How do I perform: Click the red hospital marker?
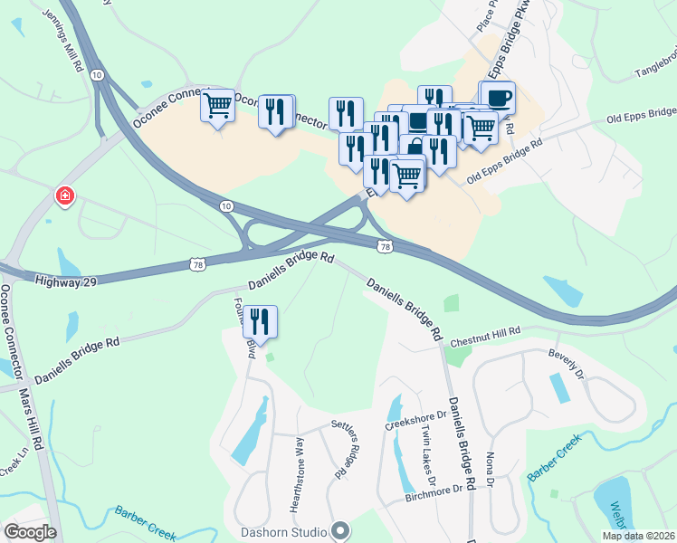(x=64, y=195)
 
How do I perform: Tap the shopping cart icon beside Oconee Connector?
(x=217, y=106)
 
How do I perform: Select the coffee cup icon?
(x=497, y=97)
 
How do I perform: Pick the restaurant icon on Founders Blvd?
(x=261, y=322)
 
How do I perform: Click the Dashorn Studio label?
(x=283, y=530)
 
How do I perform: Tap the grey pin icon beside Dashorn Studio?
(x=340, y=530)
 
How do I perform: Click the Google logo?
(x=30, y=531)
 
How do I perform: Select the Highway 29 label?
(x=65, y=281)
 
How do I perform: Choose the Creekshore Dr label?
(x=416, y=423)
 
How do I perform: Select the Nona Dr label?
(x=489, y=468)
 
